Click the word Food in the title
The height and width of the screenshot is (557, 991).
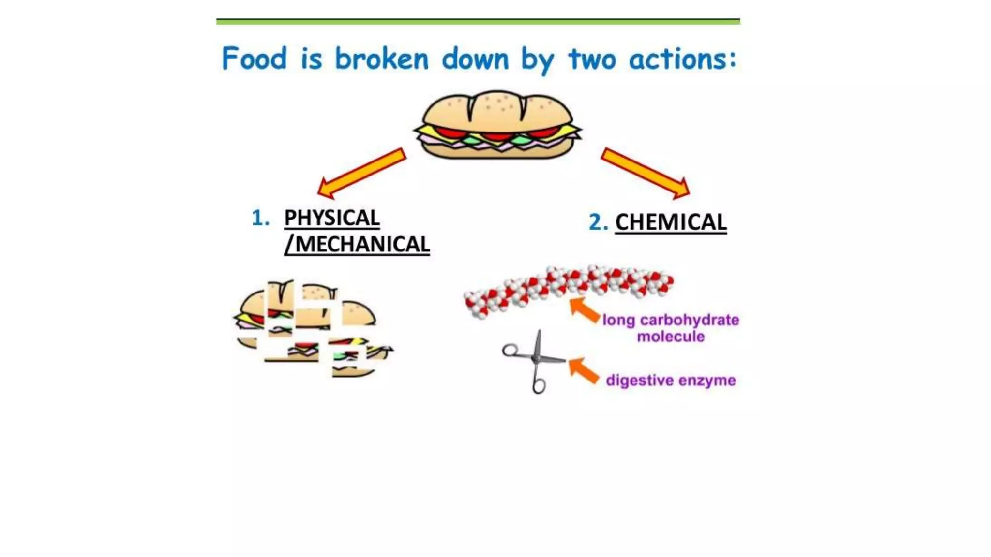[x=254, y=59]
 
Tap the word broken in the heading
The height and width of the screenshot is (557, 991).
[x=382, y=59]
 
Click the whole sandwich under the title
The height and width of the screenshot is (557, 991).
[x=497, y=125]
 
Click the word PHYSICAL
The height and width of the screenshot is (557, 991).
[x=332, y=218]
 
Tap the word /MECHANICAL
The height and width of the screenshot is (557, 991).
[x=357, y=244]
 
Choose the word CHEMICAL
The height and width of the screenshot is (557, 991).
[x=671, y=222]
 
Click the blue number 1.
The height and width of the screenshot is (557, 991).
[x=260, y=218]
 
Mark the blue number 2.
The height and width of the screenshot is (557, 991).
[x=598, y=222]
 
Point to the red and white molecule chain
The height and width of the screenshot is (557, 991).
[x=569, y=289]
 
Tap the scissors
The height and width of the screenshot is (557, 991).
[x=534, y=361]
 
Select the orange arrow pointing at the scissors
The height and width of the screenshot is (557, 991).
[x=583, y=370]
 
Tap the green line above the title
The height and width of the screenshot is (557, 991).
[x=478, y=21]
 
